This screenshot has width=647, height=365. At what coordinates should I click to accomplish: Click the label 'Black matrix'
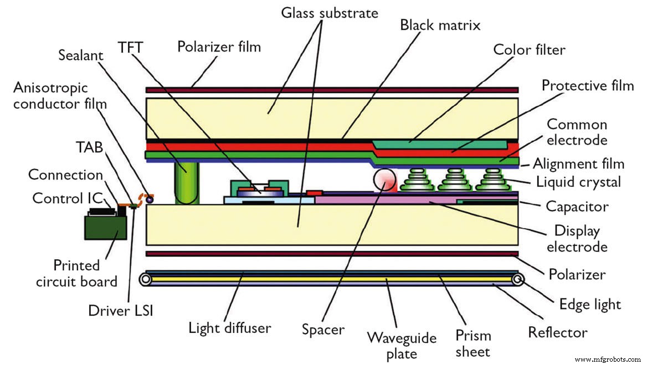coord(440,25)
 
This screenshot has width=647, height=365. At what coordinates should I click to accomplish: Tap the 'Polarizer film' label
coord(219,46)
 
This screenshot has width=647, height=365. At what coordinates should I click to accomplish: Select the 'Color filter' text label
coord(529,50)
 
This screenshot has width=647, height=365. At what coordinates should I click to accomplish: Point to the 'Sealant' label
coord(82,54)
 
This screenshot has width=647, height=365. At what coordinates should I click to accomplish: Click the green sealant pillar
coord(187,183)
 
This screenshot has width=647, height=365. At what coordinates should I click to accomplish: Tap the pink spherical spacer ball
coord(384,181)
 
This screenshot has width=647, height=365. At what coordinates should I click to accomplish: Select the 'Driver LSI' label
coord(120,310)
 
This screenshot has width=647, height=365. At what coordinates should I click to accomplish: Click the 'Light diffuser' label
coord(230,328)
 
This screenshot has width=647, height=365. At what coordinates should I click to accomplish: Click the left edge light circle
coord(147,279)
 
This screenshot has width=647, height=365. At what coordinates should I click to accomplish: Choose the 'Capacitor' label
coord(577,207)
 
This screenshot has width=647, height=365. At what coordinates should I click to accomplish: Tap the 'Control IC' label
coord(62,198)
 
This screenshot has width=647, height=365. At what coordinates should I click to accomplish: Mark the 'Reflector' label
coord(557,332)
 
